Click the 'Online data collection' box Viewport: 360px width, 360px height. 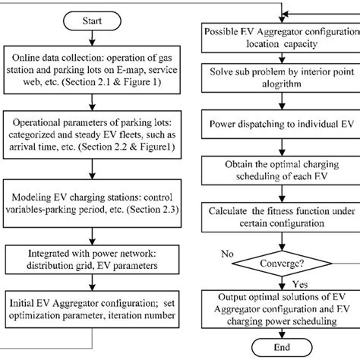[x=89, y=61]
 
